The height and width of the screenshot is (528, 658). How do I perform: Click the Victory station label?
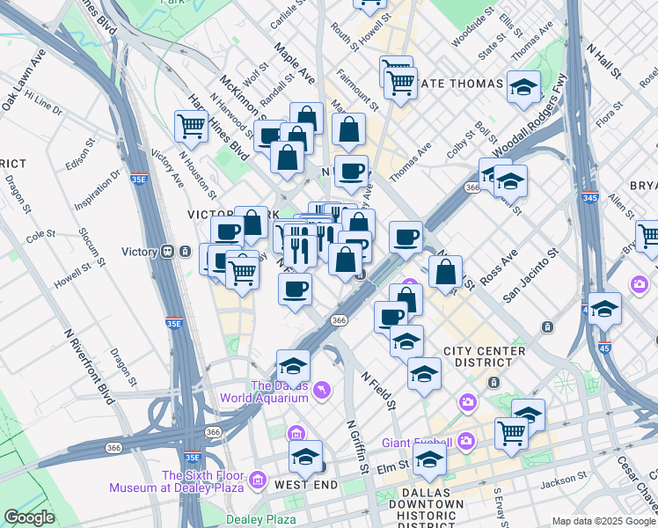[x=139, y=252]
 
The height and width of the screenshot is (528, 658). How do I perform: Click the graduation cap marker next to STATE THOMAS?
[x=523, y=86]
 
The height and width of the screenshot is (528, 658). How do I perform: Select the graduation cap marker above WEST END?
[x=305, y=456]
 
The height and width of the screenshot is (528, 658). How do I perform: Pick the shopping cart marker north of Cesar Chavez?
[x=511, y=431]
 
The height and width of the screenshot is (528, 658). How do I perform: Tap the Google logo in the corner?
[x=29, y=517]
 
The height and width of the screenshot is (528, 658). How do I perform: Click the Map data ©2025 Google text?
[x=603, y=521]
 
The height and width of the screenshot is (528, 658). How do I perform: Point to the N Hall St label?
[x=604, y=61]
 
